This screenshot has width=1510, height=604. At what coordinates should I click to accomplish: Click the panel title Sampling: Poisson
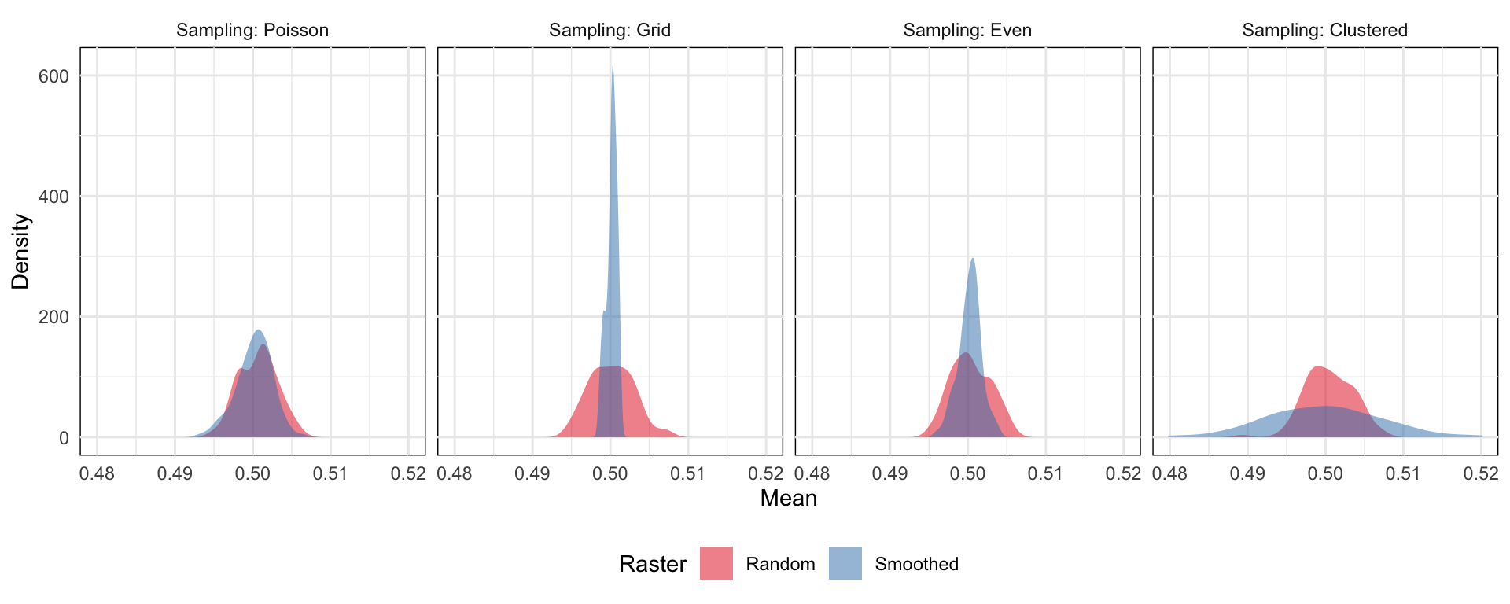click(252, 30)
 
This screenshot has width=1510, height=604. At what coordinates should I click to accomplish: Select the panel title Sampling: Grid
click(610, 30)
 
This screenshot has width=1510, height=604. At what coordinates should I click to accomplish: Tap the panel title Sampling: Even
click(967, 30)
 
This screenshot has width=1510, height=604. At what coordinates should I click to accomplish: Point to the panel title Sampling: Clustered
click(1324, 30)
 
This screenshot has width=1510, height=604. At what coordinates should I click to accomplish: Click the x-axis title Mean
click(788, 499)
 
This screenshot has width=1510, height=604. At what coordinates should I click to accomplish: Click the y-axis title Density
click(20, 252)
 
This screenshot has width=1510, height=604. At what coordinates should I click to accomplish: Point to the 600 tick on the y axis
click(53, 76)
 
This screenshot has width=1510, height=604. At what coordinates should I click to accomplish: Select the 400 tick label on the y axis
click(53, 197)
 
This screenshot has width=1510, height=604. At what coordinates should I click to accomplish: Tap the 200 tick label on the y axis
click(53, 317)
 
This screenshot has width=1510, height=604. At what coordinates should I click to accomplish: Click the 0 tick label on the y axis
click(64, 438)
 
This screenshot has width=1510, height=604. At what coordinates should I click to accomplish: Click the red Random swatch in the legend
click(716, 563)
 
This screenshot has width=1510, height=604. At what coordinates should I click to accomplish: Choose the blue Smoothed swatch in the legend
click(845, 563)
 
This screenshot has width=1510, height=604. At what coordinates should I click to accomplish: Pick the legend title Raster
click(652, 564)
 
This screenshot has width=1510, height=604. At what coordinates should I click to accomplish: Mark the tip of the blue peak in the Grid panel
click(612, 67)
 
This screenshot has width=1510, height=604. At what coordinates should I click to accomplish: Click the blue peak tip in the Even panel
click(973, 259)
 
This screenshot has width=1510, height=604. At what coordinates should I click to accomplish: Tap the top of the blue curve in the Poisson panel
click(258, 330)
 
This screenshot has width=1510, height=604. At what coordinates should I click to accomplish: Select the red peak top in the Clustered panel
click(1317, 366)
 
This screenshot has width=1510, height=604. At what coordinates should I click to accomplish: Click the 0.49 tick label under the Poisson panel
click(175, 474)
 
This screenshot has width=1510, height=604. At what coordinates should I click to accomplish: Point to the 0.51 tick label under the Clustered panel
click(1402, 474)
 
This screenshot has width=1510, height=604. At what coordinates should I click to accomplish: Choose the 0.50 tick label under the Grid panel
click(610, 474)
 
